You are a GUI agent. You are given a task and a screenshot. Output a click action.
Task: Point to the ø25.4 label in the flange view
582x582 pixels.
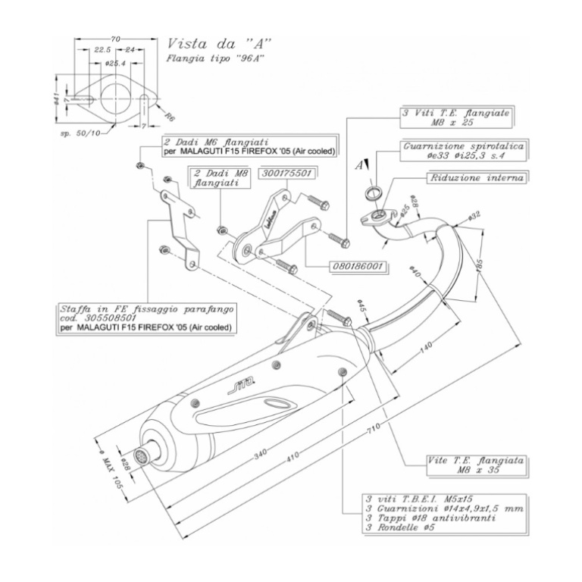pos(114,62)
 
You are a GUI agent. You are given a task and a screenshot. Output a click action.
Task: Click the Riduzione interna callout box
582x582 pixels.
pos(477,177)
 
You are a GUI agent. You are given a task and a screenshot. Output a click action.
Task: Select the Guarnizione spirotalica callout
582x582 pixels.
pos(463,148)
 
